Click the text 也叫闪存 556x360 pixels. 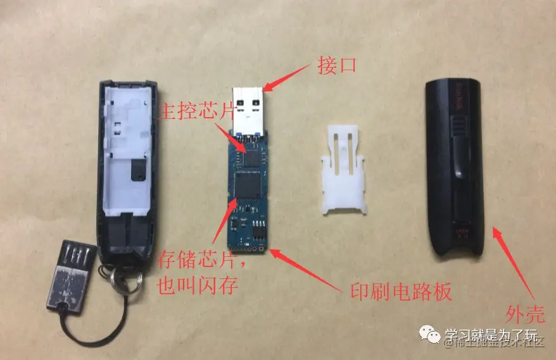pos(196,285)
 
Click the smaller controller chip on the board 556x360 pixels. pos(252,155)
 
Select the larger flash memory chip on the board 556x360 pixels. pos(249,186)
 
